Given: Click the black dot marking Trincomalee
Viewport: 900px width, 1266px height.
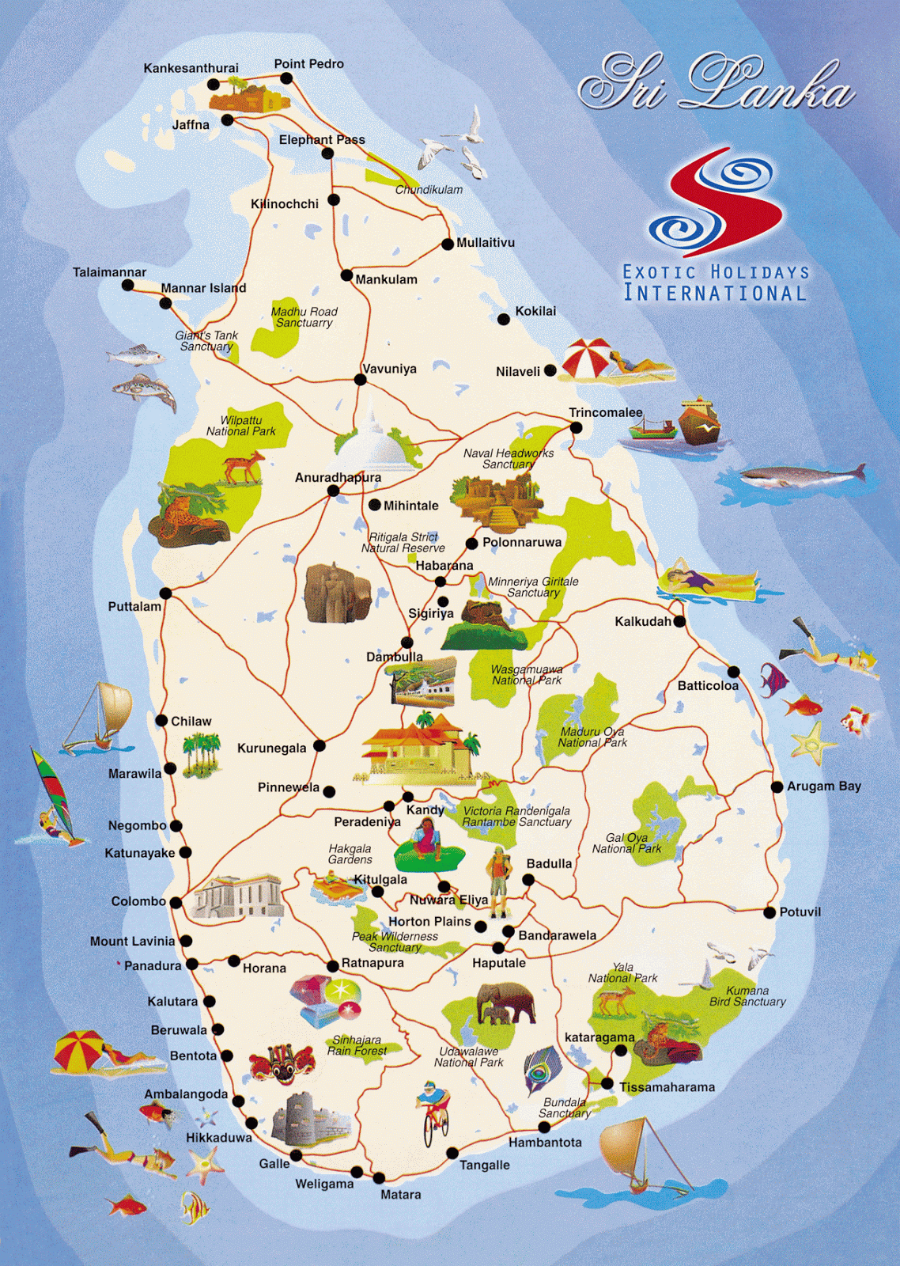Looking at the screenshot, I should (577, 428).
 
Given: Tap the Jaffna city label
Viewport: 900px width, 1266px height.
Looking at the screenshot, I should (191, 125).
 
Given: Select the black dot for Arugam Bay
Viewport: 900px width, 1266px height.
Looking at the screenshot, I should (777, 787).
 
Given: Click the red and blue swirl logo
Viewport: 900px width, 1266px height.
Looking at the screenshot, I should (717, 204).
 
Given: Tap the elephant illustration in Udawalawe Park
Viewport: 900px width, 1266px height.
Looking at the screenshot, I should (506, 1003).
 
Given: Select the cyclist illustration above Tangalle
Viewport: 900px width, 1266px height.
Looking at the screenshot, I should (433, 1112).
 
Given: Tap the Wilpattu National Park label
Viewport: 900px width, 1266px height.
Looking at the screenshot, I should (240, 426).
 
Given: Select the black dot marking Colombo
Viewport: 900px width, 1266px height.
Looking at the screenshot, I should (176, 902).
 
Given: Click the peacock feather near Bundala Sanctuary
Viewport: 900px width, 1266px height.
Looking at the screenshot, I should (541, 1071).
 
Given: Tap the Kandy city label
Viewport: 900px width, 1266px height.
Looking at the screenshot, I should (425, 810).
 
